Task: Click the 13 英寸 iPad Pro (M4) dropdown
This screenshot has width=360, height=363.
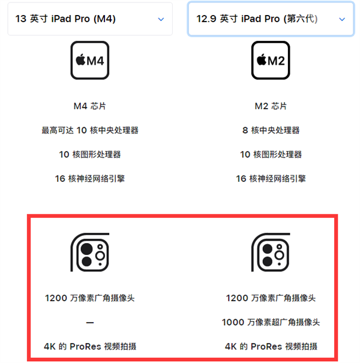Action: pyautogui.click(x=90, y=19)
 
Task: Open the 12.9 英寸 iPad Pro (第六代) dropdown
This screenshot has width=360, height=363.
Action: pyautogui.click(x=270, y=19)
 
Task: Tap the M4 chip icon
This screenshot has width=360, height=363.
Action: pyautogui.click(x=90, y=60)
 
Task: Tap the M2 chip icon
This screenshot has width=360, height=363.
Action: pyautogui.click(x=271, y=60)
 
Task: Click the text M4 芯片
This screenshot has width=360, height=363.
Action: pyautogui.click(x=90, y=106)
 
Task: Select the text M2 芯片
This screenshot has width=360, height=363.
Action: pyautogui.click(x=271, y=106)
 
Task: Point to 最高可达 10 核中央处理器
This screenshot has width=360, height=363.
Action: pyautogui.click(x=90, y=130)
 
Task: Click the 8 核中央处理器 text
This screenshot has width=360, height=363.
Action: pyautogui.click(x=271, y=130)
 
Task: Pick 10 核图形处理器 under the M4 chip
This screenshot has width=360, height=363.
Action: pyautogui.click(x=90, y=154)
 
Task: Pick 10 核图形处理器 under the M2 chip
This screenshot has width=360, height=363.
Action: pyautogui.click(x=271, y=154)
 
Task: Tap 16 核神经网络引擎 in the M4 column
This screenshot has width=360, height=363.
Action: pyautogui.click(x=90, y=178)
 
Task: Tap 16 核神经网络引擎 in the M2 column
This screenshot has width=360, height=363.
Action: pyautogui.click(x=271, y=178)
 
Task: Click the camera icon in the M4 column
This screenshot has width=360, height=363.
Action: pyautogui.click(x=90, y=251)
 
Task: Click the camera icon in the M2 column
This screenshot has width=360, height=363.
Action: pyautogui.click(x=271, y=251)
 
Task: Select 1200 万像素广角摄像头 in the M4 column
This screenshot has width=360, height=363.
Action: pyautogui.click(x=90, y=298)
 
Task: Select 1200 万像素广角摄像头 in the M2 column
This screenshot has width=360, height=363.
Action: pyautogui.click(x=271, y=298)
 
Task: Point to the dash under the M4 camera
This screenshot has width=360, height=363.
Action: pyautogui.click(x=90, y=322)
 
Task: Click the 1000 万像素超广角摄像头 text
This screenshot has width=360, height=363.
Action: pyautogui.click(x=271, y=322)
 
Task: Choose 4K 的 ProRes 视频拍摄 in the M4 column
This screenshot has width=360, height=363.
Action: pyautogui.click(x=90, y=346)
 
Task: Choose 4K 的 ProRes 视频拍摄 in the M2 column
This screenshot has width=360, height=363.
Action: pyautogui.click(x=271, y=346)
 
